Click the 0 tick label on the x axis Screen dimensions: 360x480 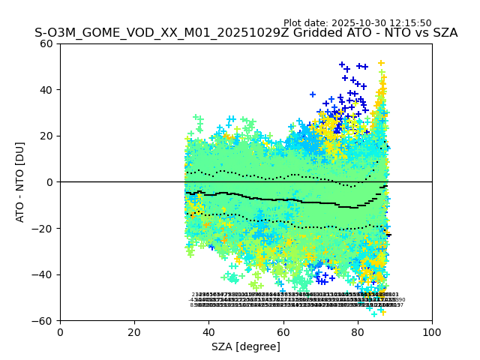click(60, 331)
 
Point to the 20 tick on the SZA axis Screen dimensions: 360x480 click(134, 331)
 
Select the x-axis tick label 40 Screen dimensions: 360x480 click(208, 331)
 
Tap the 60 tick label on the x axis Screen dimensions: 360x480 click(283, 331)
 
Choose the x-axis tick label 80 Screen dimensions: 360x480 click(358, 331)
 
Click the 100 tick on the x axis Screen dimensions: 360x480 click(432, 331)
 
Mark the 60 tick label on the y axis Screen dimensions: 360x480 click(47, 43)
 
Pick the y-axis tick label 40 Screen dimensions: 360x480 click(47, 90)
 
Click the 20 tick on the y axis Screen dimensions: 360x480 click(47, 136)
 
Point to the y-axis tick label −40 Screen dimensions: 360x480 click(44, 274)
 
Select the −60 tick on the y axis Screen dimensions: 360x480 click(44, 320)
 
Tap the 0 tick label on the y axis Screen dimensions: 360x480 click(50, 182)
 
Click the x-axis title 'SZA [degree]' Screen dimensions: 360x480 click(246, 346)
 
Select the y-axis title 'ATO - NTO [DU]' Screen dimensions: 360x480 click(21, 182)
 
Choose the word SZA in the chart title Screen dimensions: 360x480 click(443, 34)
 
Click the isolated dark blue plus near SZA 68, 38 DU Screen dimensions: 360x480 click(313, 94)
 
